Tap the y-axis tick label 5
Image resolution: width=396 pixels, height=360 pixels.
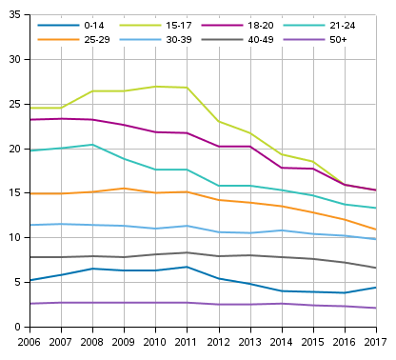point(19,283)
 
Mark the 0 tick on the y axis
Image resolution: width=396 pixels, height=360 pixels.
point(19,328)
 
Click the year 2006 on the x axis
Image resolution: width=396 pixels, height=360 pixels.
point(30,342)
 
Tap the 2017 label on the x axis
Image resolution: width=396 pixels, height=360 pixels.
point(375,342)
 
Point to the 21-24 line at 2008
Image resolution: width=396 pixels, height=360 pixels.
point(92,145)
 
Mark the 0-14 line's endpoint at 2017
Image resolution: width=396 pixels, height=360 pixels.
point(377,288)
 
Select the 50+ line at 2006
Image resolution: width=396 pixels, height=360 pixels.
point(30,304)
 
